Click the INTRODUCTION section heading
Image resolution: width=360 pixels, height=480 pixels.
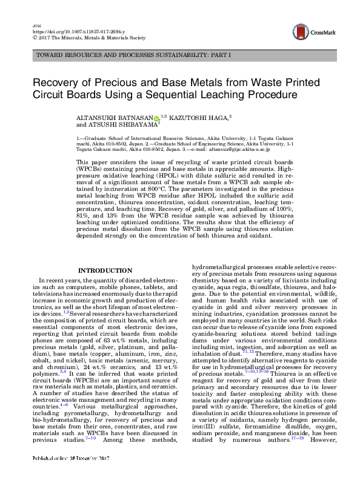[x=105, y=270]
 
